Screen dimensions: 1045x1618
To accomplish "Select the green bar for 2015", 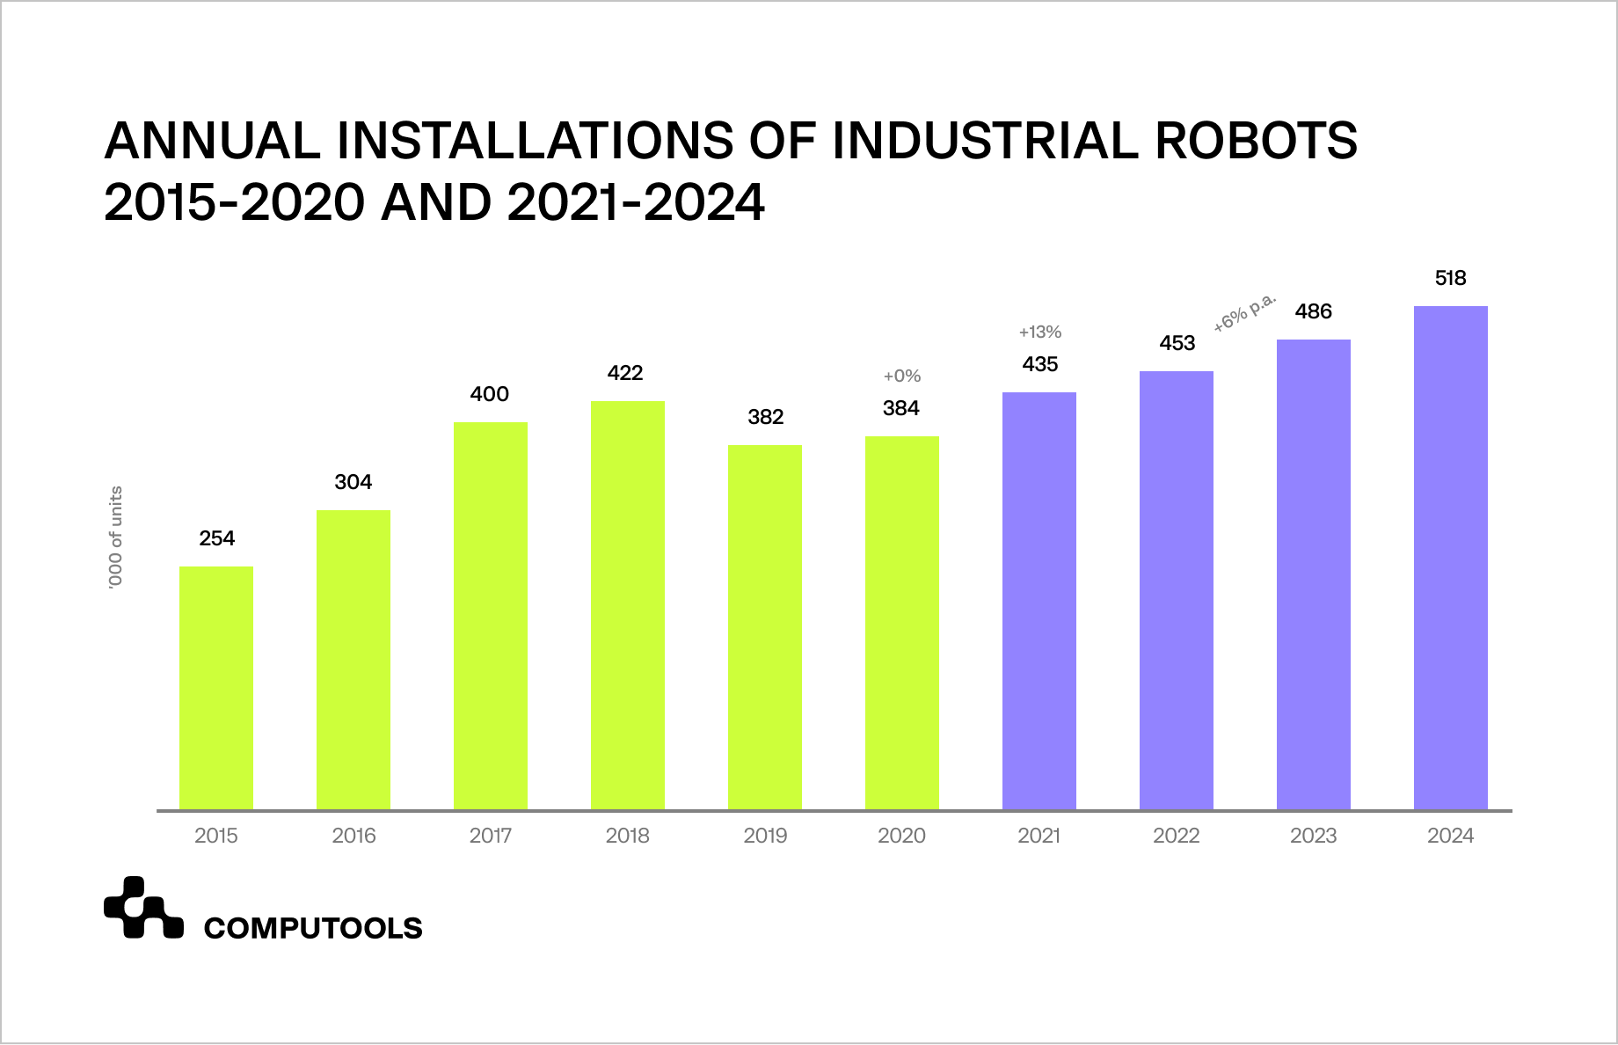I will click(x=216, y=688).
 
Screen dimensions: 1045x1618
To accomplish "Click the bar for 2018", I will click(x=628, y=605).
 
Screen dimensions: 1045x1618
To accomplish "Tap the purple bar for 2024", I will click(x=1450, y=558).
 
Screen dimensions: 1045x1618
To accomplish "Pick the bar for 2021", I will click(x=1039, y=601).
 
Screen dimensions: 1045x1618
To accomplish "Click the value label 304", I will click(x=353, y=482).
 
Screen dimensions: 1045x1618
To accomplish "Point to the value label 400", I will click(x=490, y=394).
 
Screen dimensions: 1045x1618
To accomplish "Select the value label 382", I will click(x=765, y=417).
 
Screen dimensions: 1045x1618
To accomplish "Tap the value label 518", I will click(x=1450, y=279).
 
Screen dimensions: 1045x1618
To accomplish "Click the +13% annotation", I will click(x=1039, y=332).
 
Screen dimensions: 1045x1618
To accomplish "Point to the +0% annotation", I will click(x=901, y=376).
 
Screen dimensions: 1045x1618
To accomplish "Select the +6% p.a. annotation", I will click(x=1244, y=313).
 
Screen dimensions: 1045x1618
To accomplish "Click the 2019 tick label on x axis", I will click(x=765, y=836).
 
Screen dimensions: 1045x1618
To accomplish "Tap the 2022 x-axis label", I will click(x=1176, y=836).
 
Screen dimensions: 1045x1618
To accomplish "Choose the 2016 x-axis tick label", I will click(x=353, y=836).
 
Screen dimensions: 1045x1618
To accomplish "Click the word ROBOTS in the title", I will click(x=1257, y=141).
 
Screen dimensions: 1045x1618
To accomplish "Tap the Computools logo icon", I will click(x=142, y=908).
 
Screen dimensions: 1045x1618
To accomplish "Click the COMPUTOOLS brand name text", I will click(x=313, y=928).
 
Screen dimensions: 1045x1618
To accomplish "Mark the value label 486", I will click(x=1313, y=311).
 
